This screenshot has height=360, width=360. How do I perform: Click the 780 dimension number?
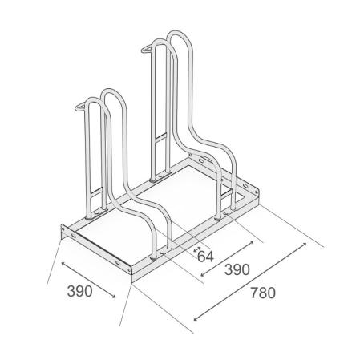coord(263,293)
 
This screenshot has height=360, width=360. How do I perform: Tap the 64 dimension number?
coord(206,257)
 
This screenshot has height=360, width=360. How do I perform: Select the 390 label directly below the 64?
coord(237,269)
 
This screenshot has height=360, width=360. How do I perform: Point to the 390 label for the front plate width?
coord(80,291)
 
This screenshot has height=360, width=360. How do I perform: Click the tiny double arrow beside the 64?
coord(197,249)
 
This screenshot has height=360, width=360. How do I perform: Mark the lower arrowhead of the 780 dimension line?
coord(196,318)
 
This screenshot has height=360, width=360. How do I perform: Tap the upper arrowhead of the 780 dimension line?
coord(304,245)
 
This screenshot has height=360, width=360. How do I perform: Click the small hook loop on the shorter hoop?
coord(80,107)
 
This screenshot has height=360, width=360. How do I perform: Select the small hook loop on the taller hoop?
coord(147,49)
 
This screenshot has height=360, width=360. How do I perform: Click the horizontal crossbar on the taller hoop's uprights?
coord(160,138)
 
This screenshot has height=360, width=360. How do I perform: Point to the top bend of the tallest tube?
coord(178,34)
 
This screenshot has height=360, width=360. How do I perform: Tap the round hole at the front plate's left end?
coord(63,229)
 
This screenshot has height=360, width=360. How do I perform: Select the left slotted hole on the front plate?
coord(74,236)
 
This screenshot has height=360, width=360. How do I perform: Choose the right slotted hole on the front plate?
coord(118,263)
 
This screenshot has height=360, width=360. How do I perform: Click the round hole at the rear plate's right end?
coord(257,192)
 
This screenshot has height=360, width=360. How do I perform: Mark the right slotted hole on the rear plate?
coord(245,185)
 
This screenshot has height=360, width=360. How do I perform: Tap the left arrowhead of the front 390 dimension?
coord(63,265)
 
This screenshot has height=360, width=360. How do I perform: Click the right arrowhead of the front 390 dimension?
coord(114,296)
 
